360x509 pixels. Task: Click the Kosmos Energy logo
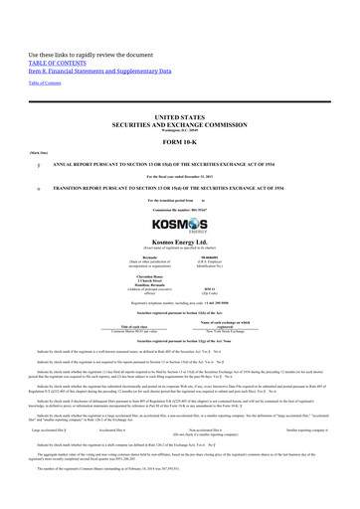[x=180, y=214]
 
